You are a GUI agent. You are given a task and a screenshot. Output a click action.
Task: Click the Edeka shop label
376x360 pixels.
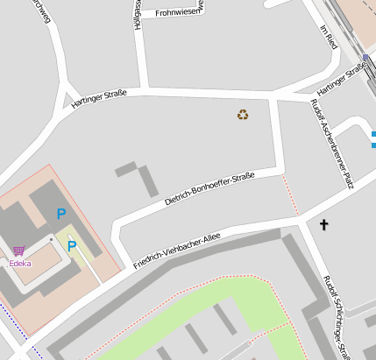coord(19,263)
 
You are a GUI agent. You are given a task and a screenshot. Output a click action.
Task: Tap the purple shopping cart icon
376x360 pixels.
coord(18,251)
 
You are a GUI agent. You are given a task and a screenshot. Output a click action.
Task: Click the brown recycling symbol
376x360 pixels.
coord(243,114)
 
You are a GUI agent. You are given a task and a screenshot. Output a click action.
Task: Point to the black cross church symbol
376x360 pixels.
coord(323,225)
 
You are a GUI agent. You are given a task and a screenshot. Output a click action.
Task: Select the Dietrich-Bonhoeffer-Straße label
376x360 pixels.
coord(209,189)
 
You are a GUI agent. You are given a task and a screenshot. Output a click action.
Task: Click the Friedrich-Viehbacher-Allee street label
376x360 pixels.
coord(176,251)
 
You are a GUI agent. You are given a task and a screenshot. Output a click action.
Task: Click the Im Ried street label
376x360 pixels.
coord(329,37)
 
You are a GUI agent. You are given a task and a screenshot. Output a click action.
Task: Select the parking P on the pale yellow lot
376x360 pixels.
coord(73,246)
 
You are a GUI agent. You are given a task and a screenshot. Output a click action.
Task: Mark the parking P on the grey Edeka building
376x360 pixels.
coord(61,213)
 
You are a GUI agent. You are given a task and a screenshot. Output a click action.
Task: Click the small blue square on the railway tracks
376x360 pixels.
coord(365,58)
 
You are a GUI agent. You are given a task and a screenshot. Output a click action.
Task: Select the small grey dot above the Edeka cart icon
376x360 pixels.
coord(51,238)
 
